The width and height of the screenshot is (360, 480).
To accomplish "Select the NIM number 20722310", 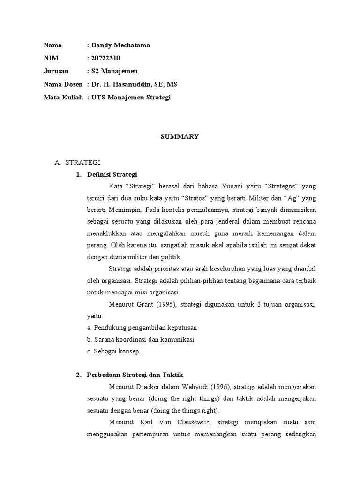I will [107, 58].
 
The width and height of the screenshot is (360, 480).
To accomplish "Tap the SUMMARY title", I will [180, 136].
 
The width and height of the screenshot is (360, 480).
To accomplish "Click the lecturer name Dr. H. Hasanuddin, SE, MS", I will [134, 84].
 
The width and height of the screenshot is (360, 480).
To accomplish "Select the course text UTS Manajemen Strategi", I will [131, 97].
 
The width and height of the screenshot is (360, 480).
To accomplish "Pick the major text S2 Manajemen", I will [114, 71].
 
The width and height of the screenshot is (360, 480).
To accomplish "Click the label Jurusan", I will [56, 71].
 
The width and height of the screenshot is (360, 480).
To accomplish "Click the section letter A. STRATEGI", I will [77, 162].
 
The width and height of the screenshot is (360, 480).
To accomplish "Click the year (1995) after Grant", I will [162, 305].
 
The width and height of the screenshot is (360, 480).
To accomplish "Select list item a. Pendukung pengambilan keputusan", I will [142, 327].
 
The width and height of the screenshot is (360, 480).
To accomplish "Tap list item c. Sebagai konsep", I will [114, 351].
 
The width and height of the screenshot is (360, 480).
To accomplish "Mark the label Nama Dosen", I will [63, 84].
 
